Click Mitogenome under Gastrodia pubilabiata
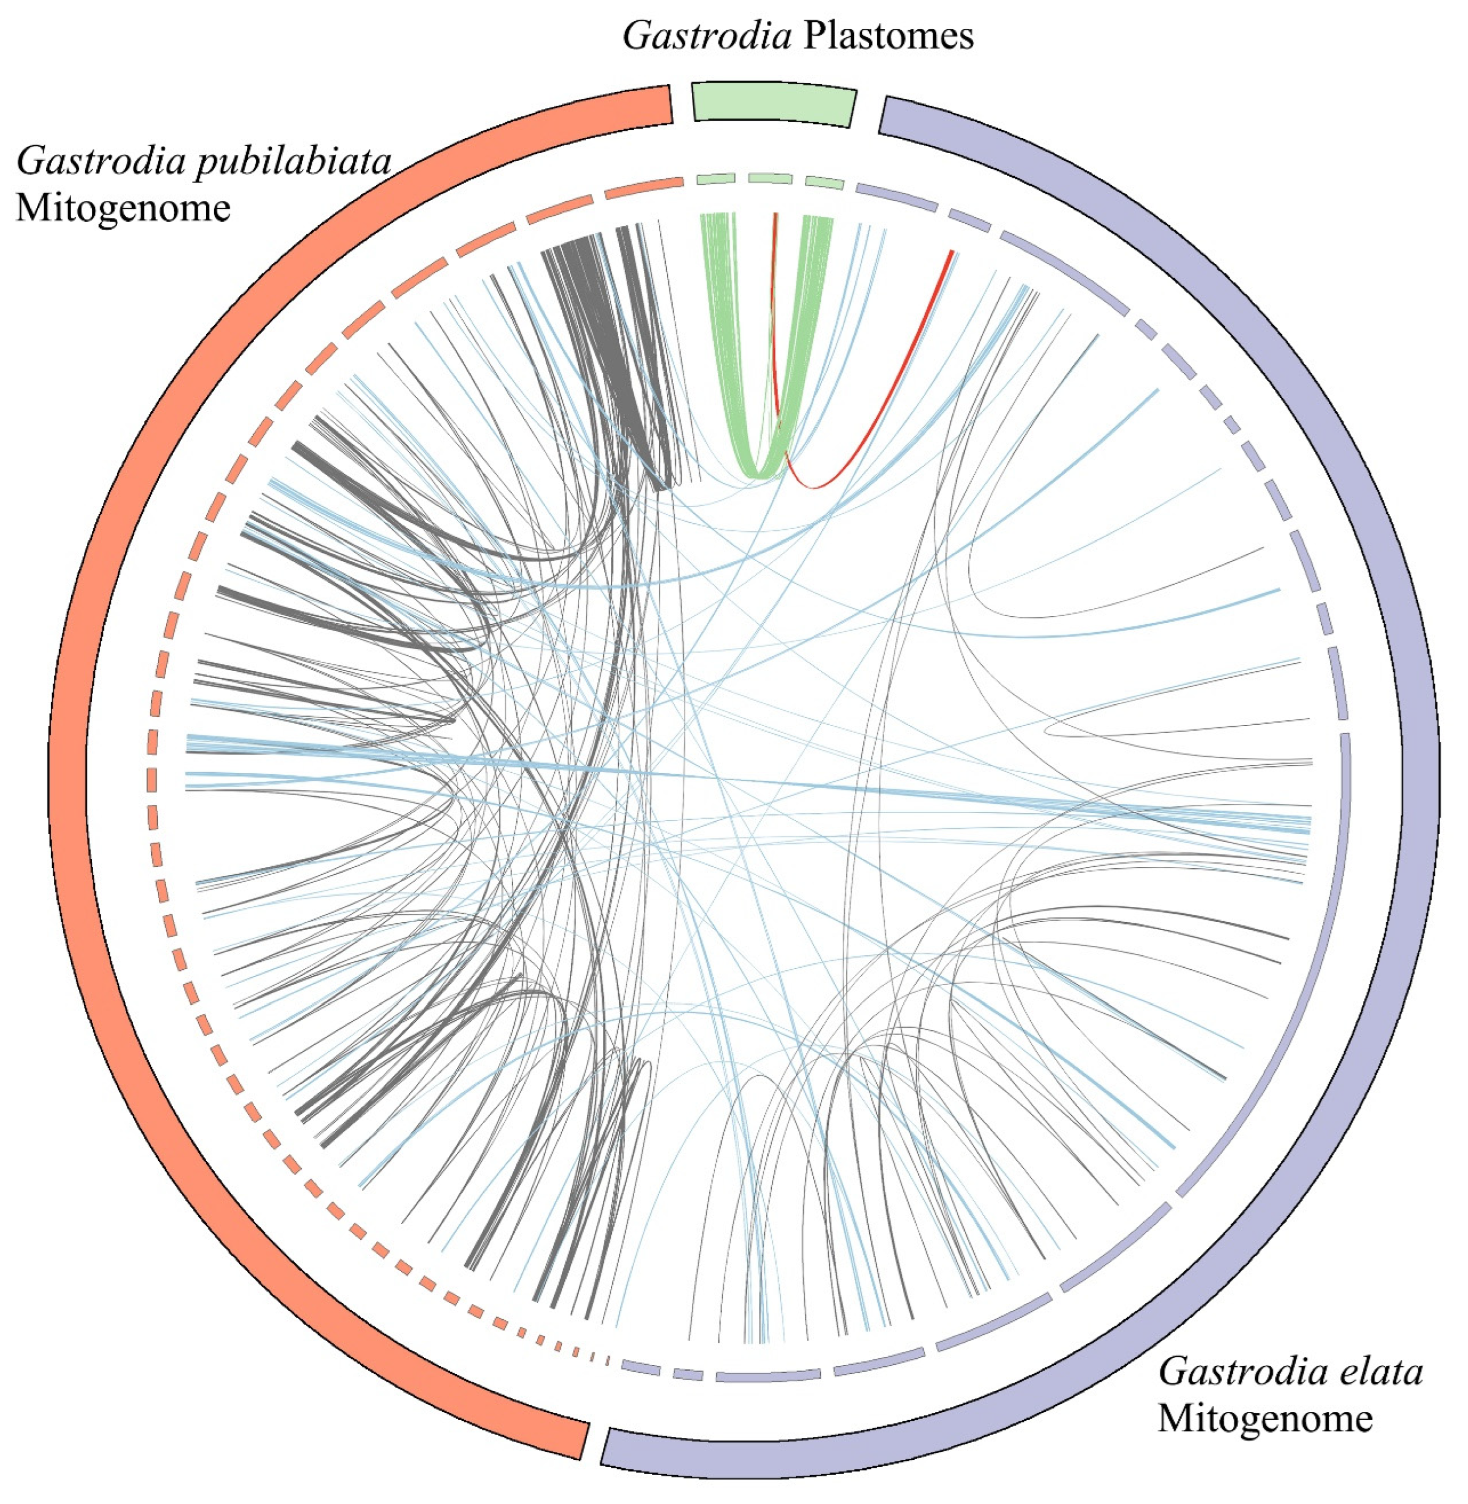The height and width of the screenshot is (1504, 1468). point(123,208)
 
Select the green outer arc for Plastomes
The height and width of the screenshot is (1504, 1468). point(773,102)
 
